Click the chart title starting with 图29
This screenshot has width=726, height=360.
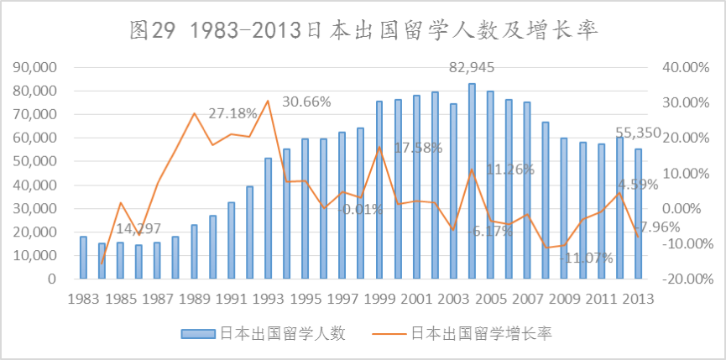pyautogui.click(x=363, y=31)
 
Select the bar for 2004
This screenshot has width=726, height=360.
pyautogui.click(x=472, y=180)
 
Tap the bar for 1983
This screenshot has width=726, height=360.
pyautogui.click(x=83, y=257)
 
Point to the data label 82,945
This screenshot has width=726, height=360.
pyautogui.click(x=472, y=67)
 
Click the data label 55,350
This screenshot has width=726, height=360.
pyautogui.click(x=639, y=133)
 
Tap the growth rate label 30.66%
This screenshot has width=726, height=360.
pyautogui.click(x=306, y=102)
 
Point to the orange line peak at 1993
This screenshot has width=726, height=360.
pyautogui.click(x=268, y=101)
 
